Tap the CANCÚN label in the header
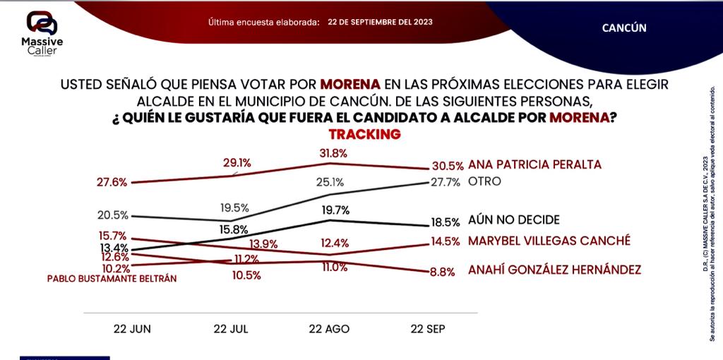(624, 28)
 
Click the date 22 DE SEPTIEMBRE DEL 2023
(381, 22)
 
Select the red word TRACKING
(364, 133)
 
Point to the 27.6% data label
(112, 182)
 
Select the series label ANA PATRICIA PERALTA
(534, 164)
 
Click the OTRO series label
(484, 181)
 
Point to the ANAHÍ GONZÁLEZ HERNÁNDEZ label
(554, 270)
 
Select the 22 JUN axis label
(133, 329)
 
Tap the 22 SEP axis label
(429, 329)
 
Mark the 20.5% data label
(112, 215)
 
